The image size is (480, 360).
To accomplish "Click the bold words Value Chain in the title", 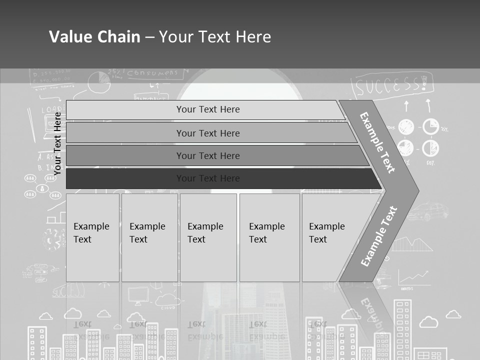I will tap(94, 37).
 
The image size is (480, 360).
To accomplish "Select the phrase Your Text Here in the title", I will tap(215, 37).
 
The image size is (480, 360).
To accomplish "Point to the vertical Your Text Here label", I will tap(57, 143).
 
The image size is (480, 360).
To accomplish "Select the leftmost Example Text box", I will tap(92, 237).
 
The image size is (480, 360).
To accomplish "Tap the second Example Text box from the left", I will tap(149, 237).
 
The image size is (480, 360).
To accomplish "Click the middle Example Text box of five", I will tap(208, 237).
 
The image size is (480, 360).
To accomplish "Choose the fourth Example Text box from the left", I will tap(269, 237).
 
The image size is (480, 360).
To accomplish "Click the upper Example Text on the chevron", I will tap(377, 142).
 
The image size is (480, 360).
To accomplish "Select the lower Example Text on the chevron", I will tap(378, 236).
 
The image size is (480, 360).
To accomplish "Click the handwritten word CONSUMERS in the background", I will tap(152, 74).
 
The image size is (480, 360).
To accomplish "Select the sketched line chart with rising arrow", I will tap(413, 277).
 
